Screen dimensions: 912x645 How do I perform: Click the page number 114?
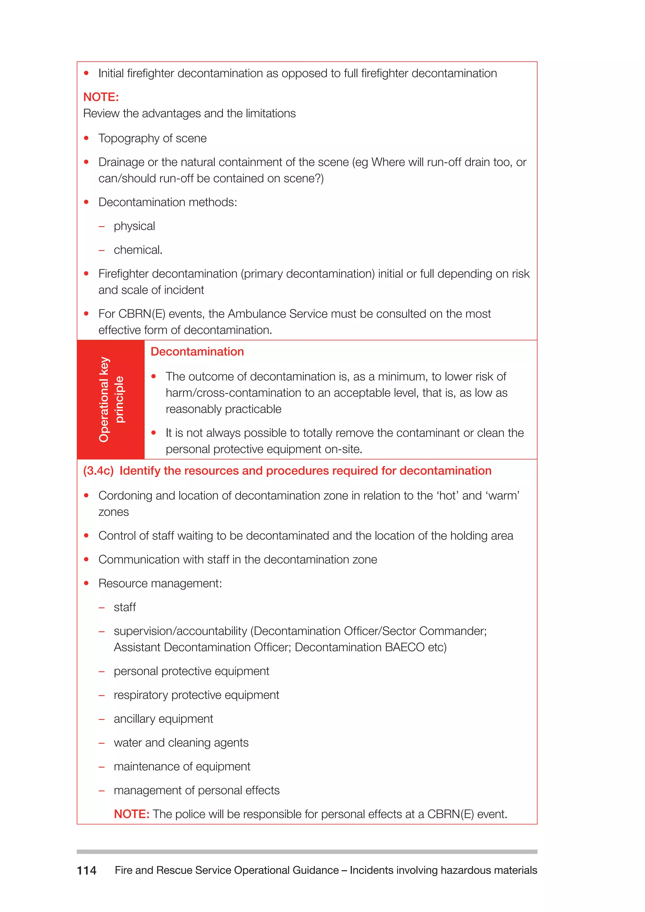coord(87,870)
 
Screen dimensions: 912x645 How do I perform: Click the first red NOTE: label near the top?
coord(101,97)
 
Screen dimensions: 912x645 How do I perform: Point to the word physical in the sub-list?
coord(134,226)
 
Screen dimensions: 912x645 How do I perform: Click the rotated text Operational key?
coord(104,399)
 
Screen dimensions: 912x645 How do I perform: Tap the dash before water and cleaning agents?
coord(102,743)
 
